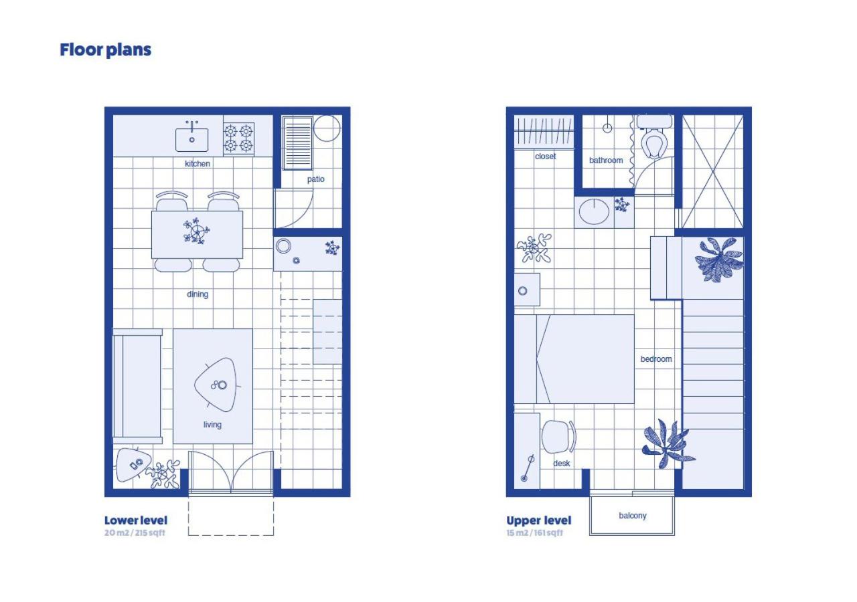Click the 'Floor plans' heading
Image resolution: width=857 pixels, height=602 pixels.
point(106,50)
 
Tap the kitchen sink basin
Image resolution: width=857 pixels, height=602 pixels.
point(192,140)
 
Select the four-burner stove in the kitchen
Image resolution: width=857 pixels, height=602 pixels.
point(239,138)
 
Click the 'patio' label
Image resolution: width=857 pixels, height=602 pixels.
point(315,179)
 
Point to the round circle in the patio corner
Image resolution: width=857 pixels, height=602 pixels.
point(327,129)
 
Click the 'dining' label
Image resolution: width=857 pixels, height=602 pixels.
point(198,294)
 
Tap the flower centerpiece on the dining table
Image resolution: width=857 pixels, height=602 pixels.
point(196,231)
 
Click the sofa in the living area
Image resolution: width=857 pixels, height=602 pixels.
point(137,386)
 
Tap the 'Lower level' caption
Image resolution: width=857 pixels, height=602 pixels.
point(136,520)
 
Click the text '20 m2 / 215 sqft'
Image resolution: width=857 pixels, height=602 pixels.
point(135,532)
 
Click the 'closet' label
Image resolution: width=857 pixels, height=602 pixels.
point(545,157)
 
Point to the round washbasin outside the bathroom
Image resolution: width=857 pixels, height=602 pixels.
point(594,211)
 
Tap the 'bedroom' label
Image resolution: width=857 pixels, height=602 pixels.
point(656,359)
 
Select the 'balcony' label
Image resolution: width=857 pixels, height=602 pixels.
point(633,516)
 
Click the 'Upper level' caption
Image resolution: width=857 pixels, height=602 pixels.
point(539,520)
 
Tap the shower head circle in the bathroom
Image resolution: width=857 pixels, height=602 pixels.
point(607,128)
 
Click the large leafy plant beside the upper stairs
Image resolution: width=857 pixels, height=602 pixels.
point(719,259)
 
